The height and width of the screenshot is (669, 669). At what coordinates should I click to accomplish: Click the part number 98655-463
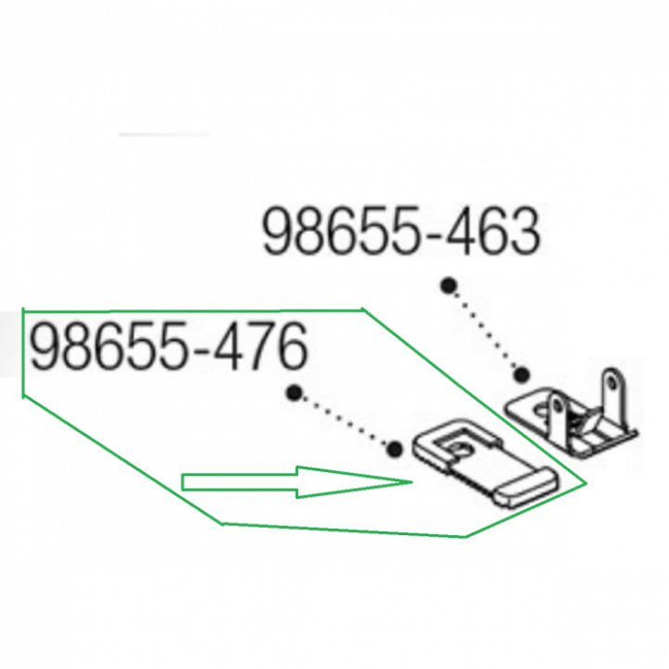[x=401, y=232]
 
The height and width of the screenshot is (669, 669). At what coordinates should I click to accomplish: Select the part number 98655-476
[x=169, y=347]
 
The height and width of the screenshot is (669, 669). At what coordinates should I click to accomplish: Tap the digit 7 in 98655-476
[x=256, y=347]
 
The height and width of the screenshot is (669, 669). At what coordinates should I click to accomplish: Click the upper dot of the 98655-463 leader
[x=447, y=285]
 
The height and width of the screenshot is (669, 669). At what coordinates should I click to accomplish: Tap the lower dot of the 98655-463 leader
[x=521, y=375]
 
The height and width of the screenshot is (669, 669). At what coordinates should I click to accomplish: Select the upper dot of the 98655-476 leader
[x=294, y=392]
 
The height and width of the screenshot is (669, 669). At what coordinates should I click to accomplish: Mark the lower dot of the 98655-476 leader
[x=395, y=449]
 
